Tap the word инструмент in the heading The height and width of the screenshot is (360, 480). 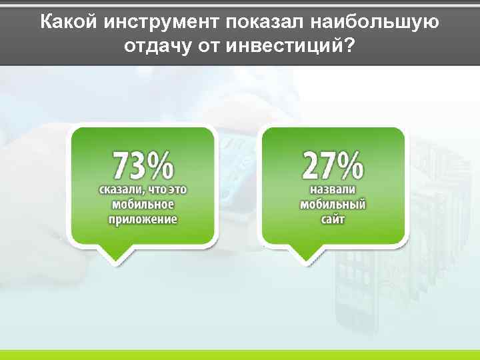tap(161, 22)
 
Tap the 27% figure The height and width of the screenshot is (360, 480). tap(333, 165)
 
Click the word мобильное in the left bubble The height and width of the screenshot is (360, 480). tap(143, 204)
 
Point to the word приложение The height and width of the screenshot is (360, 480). tap(143, 219)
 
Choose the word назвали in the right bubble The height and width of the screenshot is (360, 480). tap(333, 190)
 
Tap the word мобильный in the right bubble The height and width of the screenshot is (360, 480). tap(333, 204)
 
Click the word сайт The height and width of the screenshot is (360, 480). tap(333, 219)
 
